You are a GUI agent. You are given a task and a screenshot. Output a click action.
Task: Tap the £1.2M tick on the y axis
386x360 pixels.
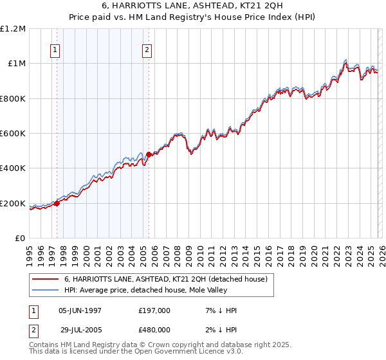click(13, 28)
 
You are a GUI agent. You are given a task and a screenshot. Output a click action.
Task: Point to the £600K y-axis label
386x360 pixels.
click(13, 134)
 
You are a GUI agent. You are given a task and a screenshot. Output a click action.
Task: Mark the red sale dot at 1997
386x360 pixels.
click(57, 204)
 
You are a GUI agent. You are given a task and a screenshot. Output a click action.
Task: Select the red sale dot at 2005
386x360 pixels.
click(149, 154)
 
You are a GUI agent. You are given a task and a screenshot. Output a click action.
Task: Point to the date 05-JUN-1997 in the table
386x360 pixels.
click(80, 310)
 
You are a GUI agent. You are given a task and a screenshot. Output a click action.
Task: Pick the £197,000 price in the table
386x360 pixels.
click(154, 310)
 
